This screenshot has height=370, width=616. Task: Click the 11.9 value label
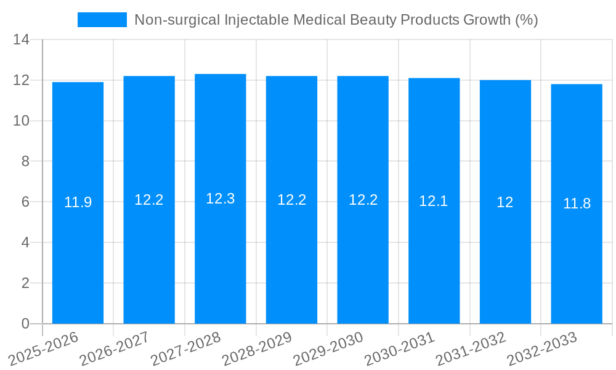(78, 202)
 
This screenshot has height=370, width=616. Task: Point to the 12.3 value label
(220, 199)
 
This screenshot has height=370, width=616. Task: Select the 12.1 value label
(434, 200)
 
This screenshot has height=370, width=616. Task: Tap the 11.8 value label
(577, 203)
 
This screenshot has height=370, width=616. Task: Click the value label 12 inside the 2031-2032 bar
(505, 202)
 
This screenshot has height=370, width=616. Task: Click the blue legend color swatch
(102, 20)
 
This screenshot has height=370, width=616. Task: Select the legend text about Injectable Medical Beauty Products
(336, 20)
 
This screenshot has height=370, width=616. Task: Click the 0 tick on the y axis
(25, 324)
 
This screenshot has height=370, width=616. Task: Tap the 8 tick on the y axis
(25, 162)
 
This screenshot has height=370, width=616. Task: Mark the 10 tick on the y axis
(22, 121)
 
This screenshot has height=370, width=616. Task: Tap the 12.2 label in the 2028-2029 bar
(291, 200)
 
